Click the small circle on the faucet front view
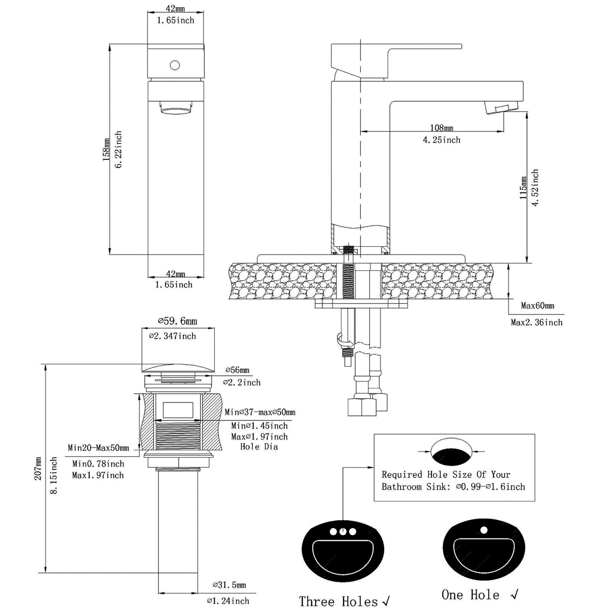click(175, 65)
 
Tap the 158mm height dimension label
click(106, 150)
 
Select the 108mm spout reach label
click(442, 128)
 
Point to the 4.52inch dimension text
click(535, 188)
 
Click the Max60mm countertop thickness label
click(537, 305)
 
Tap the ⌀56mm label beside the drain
click(237, 370)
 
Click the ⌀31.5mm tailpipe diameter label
click(229, 585)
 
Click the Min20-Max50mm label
click(98, 448)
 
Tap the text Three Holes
click(338, 601)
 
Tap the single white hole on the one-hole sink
click(483, 530)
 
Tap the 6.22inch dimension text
click(118, 150)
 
